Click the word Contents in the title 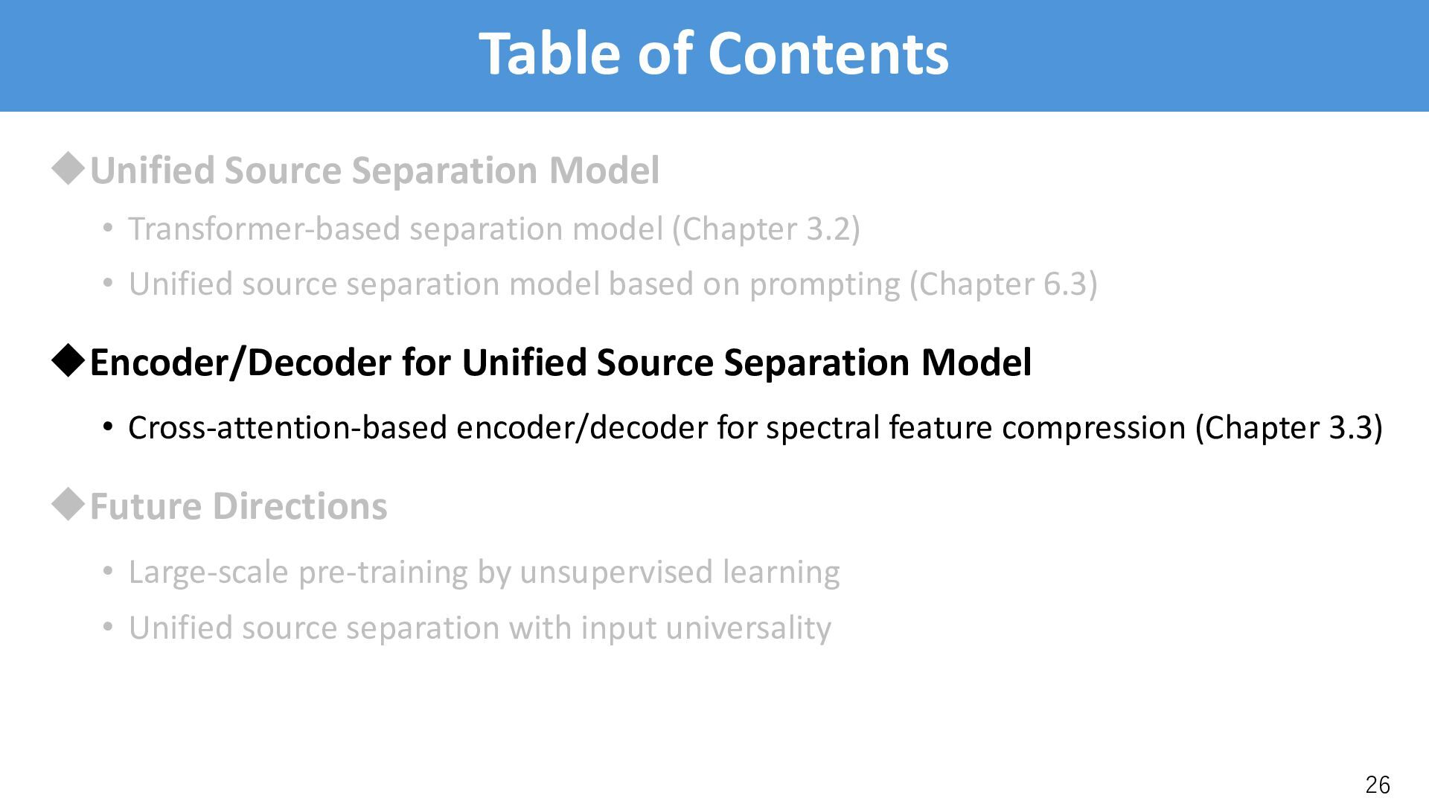tap(828, 54)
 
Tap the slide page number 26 tap(1378, 785)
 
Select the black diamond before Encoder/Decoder tap(68, 361)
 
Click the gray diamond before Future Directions tap(68, 505)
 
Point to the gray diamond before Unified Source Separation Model tap(68, 170)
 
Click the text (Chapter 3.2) tap(766, 229)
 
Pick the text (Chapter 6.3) tap(1003, 284)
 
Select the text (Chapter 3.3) tap(1288, 427)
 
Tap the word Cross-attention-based tap(287, 427)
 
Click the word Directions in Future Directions tap(300, 506)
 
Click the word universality tap(748, 628)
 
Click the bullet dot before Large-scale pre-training tap(108, 572)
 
